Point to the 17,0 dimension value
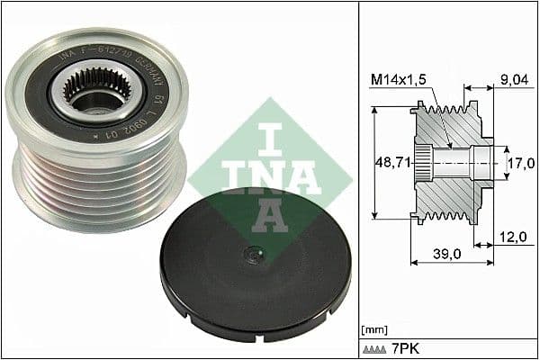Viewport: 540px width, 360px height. (x=521, y=164)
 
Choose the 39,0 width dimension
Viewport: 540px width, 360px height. (x=448, y=255)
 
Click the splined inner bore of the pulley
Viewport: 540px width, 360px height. (x=89, y=93)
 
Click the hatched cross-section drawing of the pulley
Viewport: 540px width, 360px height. (x=450, y=162)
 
